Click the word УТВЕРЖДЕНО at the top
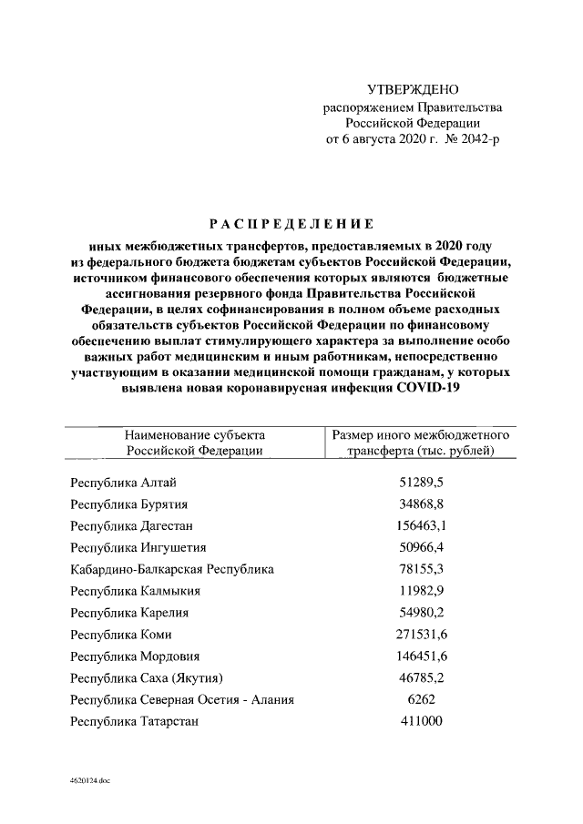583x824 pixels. [x=413, y=89]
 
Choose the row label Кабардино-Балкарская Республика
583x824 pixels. [x=171, y=570]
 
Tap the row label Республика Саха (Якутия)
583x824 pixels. [x=147, y=678]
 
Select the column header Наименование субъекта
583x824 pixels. [x=195, y=435]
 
